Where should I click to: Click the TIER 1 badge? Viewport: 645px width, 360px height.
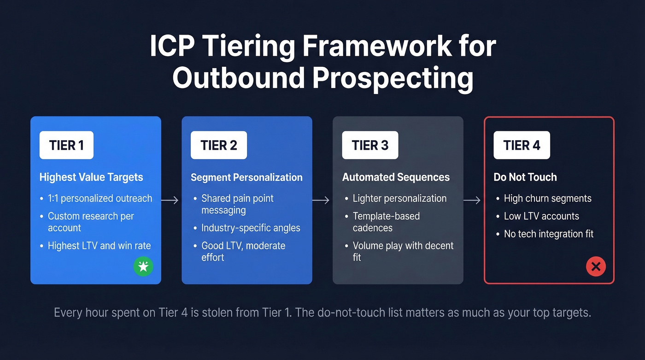tap(66, 145)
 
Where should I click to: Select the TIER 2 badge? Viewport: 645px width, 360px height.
tap(218, 145)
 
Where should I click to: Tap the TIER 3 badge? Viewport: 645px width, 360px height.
tap(370, 145)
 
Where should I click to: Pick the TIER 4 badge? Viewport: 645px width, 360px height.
tap(522, 145)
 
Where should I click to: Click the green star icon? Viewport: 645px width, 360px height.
tap(143, 266)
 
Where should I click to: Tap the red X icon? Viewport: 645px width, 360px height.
tap(596, 266)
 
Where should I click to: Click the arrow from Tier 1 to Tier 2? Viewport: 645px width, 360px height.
tap(170, 200)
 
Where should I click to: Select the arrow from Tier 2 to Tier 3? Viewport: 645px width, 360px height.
tap(321, 200)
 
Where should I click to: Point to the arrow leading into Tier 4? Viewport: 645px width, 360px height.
tap(472, 200)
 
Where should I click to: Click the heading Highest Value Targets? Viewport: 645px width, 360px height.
tap(91, 177)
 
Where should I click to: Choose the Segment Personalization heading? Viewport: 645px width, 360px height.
tap(246, 177)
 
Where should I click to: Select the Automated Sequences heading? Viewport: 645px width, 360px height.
tap(396, 177)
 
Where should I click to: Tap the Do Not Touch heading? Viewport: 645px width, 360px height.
tap(525, 177)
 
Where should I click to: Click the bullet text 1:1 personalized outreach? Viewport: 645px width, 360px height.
tap(100, 199)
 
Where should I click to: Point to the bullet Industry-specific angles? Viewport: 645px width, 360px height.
tap(251, 228)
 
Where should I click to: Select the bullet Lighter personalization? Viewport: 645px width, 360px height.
tap(399, 199)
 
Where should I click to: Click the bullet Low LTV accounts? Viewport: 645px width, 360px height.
tap(541, 216)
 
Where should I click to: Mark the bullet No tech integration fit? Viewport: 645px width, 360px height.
tap(549, 234)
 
